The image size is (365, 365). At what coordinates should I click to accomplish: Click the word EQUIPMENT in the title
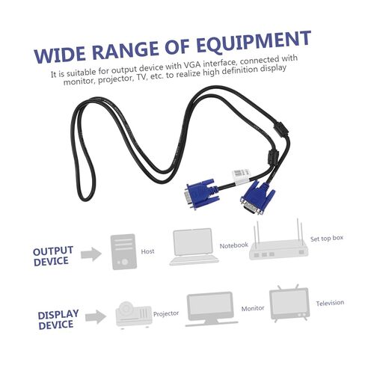point(254,42)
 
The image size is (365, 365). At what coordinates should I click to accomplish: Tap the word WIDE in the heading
point(61,55)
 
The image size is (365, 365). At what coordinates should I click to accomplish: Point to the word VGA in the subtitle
point(192,65)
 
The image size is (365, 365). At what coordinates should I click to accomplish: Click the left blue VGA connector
point(202,194)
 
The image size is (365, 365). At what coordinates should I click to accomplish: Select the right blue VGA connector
point(257,197)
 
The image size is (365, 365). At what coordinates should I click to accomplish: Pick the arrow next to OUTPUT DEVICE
point(91,254)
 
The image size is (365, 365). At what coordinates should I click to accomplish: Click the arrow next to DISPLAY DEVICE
point(96,317)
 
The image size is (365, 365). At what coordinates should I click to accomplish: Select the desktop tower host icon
point(123,251)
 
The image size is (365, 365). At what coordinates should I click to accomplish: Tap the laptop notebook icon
point(194,247)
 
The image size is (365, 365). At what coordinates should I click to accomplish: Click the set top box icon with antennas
point(278,240)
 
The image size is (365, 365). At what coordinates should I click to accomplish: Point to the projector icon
point(134,315)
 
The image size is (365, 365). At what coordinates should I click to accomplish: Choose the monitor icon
point(211,309)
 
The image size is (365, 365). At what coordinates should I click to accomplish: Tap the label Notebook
point(234,245)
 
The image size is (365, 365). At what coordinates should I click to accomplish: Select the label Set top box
point(327,239)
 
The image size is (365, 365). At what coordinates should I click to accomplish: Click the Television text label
point(330,303)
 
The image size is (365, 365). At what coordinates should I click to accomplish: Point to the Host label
point(147,251)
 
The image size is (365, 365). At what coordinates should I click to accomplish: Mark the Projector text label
point(166,313)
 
